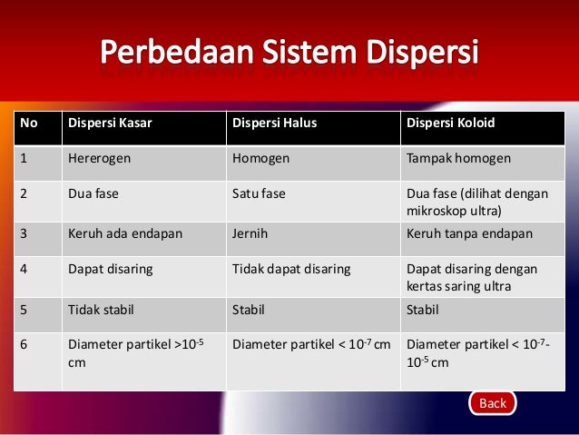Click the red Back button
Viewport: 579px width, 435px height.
(492, 403)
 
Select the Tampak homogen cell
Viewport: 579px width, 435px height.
(458, 159)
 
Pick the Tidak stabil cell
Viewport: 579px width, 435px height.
(101, 309)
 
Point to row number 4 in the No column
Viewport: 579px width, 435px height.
(25, 269)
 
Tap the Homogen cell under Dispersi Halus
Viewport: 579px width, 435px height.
(261, 159)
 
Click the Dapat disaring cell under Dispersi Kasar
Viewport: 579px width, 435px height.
(110, 269)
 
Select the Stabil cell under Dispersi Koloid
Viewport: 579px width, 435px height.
(423, 309)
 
